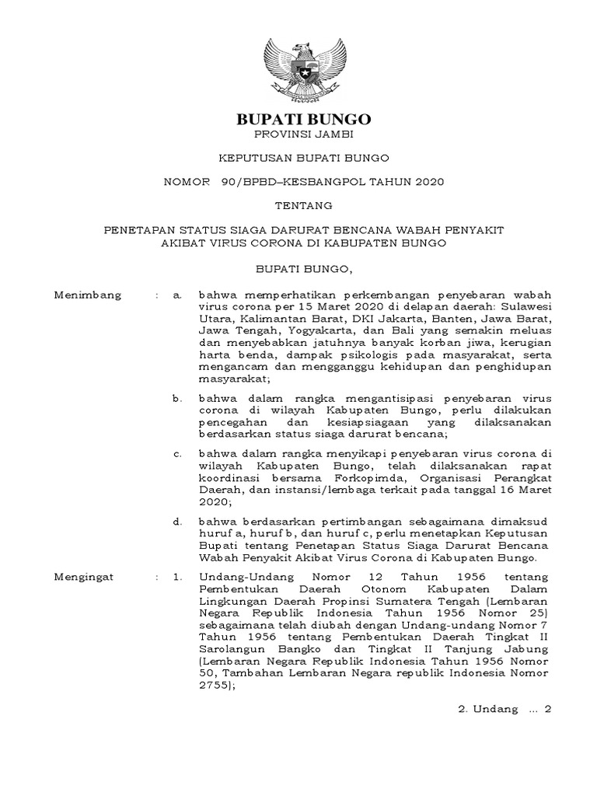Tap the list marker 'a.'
177,295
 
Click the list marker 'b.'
177,397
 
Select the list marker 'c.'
177,453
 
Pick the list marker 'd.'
177,521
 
